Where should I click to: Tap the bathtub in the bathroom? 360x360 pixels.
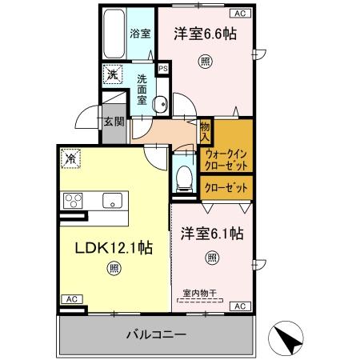[114, 34]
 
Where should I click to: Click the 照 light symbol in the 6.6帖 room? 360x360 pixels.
[205, 62]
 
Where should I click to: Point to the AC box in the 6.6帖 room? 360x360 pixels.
[238, 14]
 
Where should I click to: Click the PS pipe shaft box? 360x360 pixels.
[163, 70]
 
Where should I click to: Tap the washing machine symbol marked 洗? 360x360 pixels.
[112, 73]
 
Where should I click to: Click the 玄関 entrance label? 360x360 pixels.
[113, 122]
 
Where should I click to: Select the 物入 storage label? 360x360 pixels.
[205, 130]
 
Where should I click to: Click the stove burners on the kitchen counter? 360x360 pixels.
[74, 200]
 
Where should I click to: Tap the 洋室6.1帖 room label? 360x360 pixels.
[211, 234]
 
